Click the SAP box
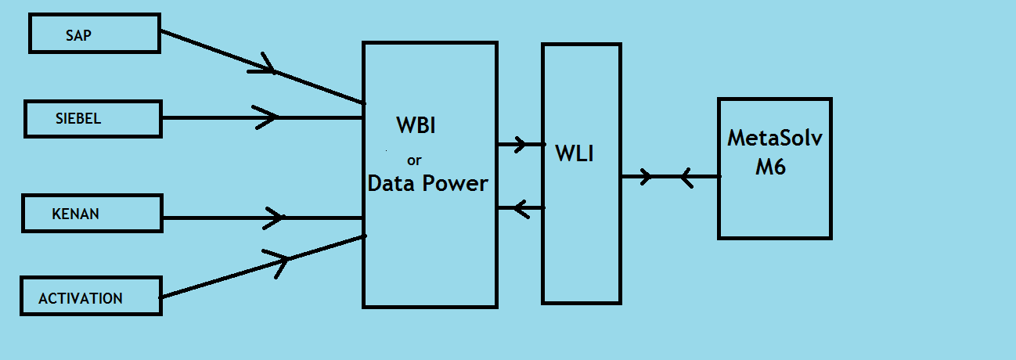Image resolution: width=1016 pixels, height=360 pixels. [94, 33]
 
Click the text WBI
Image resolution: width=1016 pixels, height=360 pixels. [416, 125]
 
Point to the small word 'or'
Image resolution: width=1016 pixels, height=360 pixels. [415, 160]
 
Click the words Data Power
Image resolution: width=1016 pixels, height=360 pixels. [427, 184]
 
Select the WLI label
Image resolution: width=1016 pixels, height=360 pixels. [575, 153]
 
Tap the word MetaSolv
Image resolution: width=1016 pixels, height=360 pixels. [775, 138]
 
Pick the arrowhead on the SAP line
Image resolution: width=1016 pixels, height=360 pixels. [265, 66]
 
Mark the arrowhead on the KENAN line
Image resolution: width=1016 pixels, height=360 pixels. [274, 218]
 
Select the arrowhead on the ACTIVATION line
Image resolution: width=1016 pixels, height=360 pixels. [279, 261]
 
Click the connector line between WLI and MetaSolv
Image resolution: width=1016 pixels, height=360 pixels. [669, 177]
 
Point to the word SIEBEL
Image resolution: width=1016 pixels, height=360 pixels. [78, 120]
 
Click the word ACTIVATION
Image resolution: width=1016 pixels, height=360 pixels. [81, 299]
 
